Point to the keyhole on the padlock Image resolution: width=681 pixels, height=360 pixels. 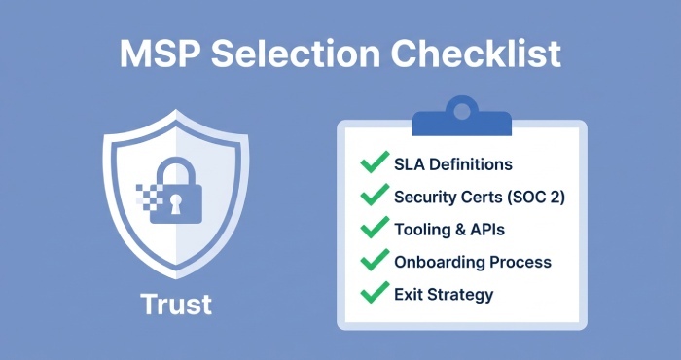(176, 204)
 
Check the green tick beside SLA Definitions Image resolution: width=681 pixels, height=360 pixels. (373, 163)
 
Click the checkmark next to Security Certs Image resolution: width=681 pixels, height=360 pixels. (373, 196)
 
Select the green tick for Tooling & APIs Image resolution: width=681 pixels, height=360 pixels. (373, 229)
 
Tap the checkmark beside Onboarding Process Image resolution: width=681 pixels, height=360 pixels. (373, 261)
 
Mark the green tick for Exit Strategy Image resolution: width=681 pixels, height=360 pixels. (373, 293)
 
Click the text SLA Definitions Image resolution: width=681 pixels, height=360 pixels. (452, 164)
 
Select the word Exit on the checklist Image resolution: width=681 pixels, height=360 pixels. (409, 294)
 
